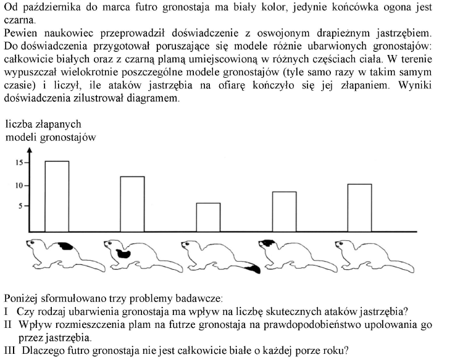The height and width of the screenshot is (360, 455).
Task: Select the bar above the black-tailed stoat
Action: (208, 215)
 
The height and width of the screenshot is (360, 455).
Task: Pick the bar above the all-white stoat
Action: (359, 206)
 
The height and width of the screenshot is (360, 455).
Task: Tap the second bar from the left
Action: (132, 202)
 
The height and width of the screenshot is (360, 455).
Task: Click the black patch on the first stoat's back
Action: (64, 246)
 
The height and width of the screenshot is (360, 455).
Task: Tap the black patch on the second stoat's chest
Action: (123, 253)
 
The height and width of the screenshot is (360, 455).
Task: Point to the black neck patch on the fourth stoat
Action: (268, 243)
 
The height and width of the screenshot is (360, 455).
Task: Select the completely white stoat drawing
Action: (364, 254)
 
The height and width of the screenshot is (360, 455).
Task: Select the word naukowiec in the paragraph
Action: (64, 31)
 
